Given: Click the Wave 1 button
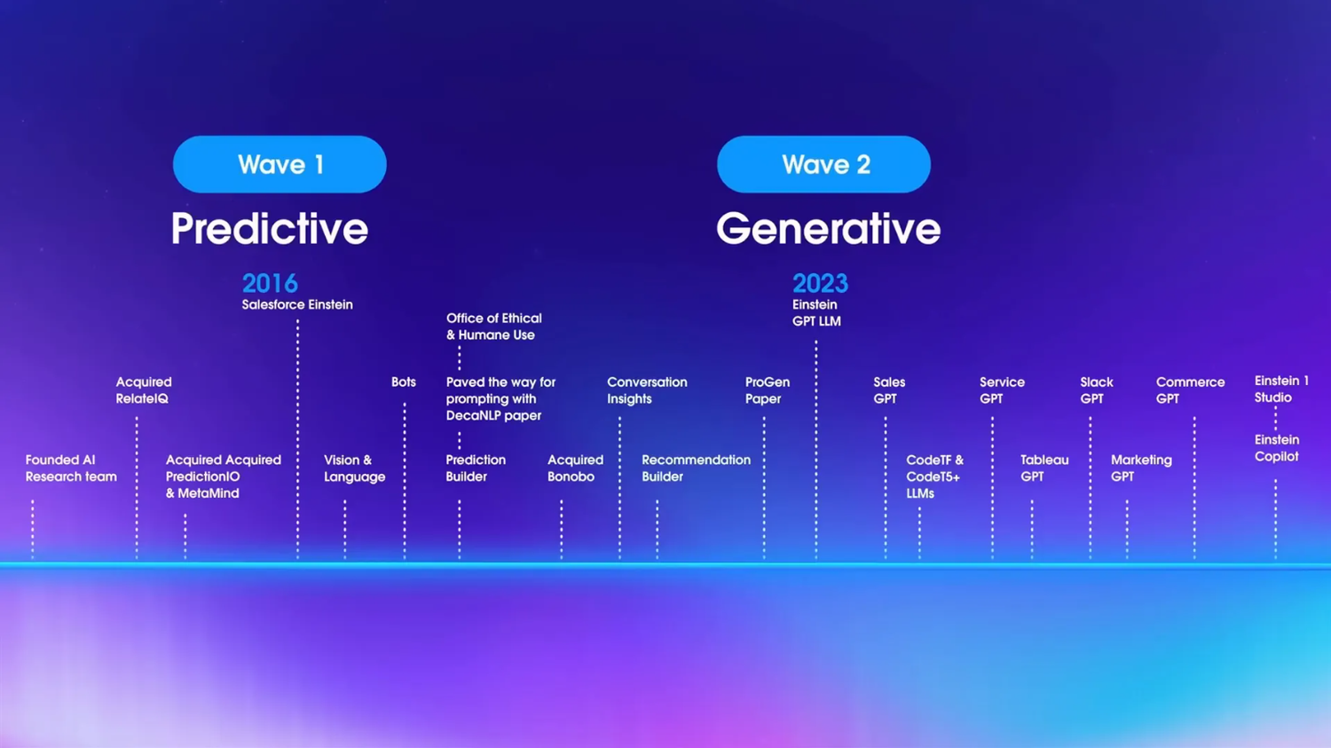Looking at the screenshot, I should [x=280, y=164].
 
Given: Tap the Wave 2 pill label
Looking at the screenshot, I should [x=823, y=164].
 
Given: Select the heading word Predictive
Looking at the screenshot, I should [x=269, y=229].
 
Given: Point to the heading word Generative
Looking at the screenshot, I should [x=828, y=229].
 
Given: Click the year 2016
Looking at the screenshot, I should [x=270, y=283].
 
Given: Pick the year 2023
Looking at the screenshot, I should [x=820, y=283].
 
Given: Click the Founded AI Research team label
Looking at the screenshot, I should [x=71, y=468].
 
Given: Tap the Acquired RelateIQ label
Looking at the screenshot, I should [x=144, y=390].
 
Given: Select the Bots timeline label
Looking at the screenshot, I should [x=404, y=382].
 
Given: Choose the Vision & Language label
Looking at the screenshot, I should [x=354, y=468].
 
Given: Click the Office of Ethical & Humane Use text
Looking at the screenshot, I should [x=493, y=327].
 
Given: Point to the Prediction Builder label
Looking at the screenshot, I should [x=476, y=468].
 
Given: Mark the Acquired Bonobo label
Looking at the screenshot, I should [x=575, y=468].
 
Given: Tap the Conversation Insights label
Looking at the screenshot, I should [x=647, y=390].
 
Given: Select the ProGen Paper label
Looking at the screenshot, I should [x=768, y=390].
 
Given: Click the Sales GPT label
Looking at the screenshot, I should [x=889, y=390].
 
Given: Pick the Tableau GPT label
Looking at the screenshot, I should [x=1044, y=468].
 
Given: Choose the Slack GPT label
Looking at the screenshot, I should [x=1096, y=390].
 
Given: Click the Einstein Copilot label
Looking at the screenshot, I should [x=1277, y=448].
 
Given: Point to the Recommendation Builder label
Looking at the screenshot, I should [x=696, y=468].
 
